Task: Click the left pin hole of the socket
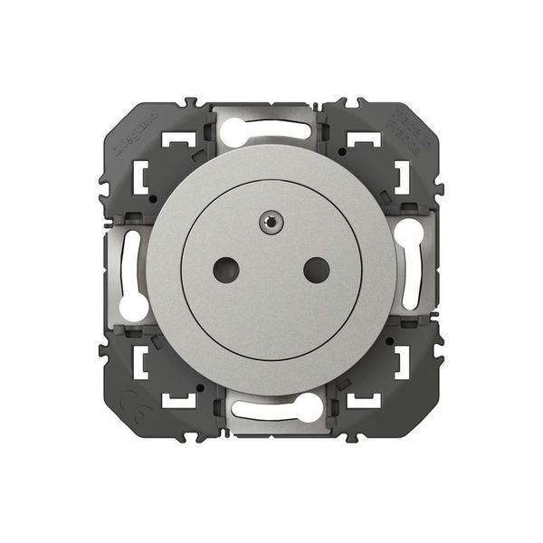click(224, 267)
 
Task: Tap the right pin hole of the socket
click(316, 267)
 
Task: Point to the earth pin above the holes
click(271, 221)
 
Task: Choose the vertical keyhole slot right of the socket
click(408, 269)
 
